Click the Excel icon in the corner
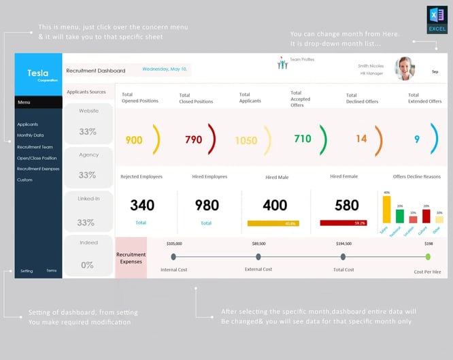point(437,20)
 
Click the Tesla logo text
point(38,73)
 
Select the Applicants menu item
point(27,125)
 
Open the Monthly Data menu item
point(30,135)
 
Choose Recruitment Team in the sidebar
point(35,147)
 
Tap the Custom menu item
point(24,180)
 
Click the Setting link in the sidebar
point(27,271)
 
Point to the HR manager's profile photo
point(405,67)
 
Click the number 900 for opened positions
point(134,140)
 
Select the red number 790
point(193,140)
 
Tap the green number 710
point(302,139)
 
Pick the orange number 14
point(360,139)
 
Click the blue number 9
point(416,139)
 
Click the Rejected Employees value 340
point(142,205)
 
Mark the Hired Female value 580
point(346,205)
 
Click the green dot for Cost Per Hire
point(428,257)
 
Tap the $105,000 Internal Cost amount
point(174,243)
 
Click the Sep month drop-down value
point(435,71)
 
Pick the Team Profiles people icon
point(282,63)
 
